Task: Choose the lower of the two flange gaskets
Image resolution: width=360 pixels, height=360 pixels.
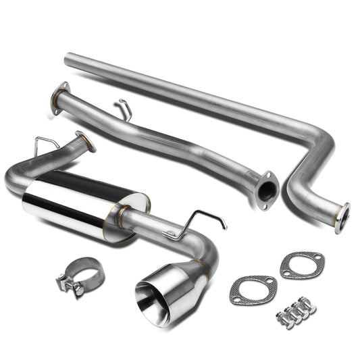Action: (254, 290)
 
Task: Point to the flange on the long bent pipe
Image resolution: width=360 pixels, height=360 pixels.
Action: (342, 217)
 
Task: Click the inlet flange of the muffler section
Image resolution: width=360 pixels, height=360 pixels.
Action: (85, 141)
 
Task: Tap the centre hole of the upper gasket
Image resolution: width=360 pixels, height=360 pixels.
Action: (301, 265)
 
